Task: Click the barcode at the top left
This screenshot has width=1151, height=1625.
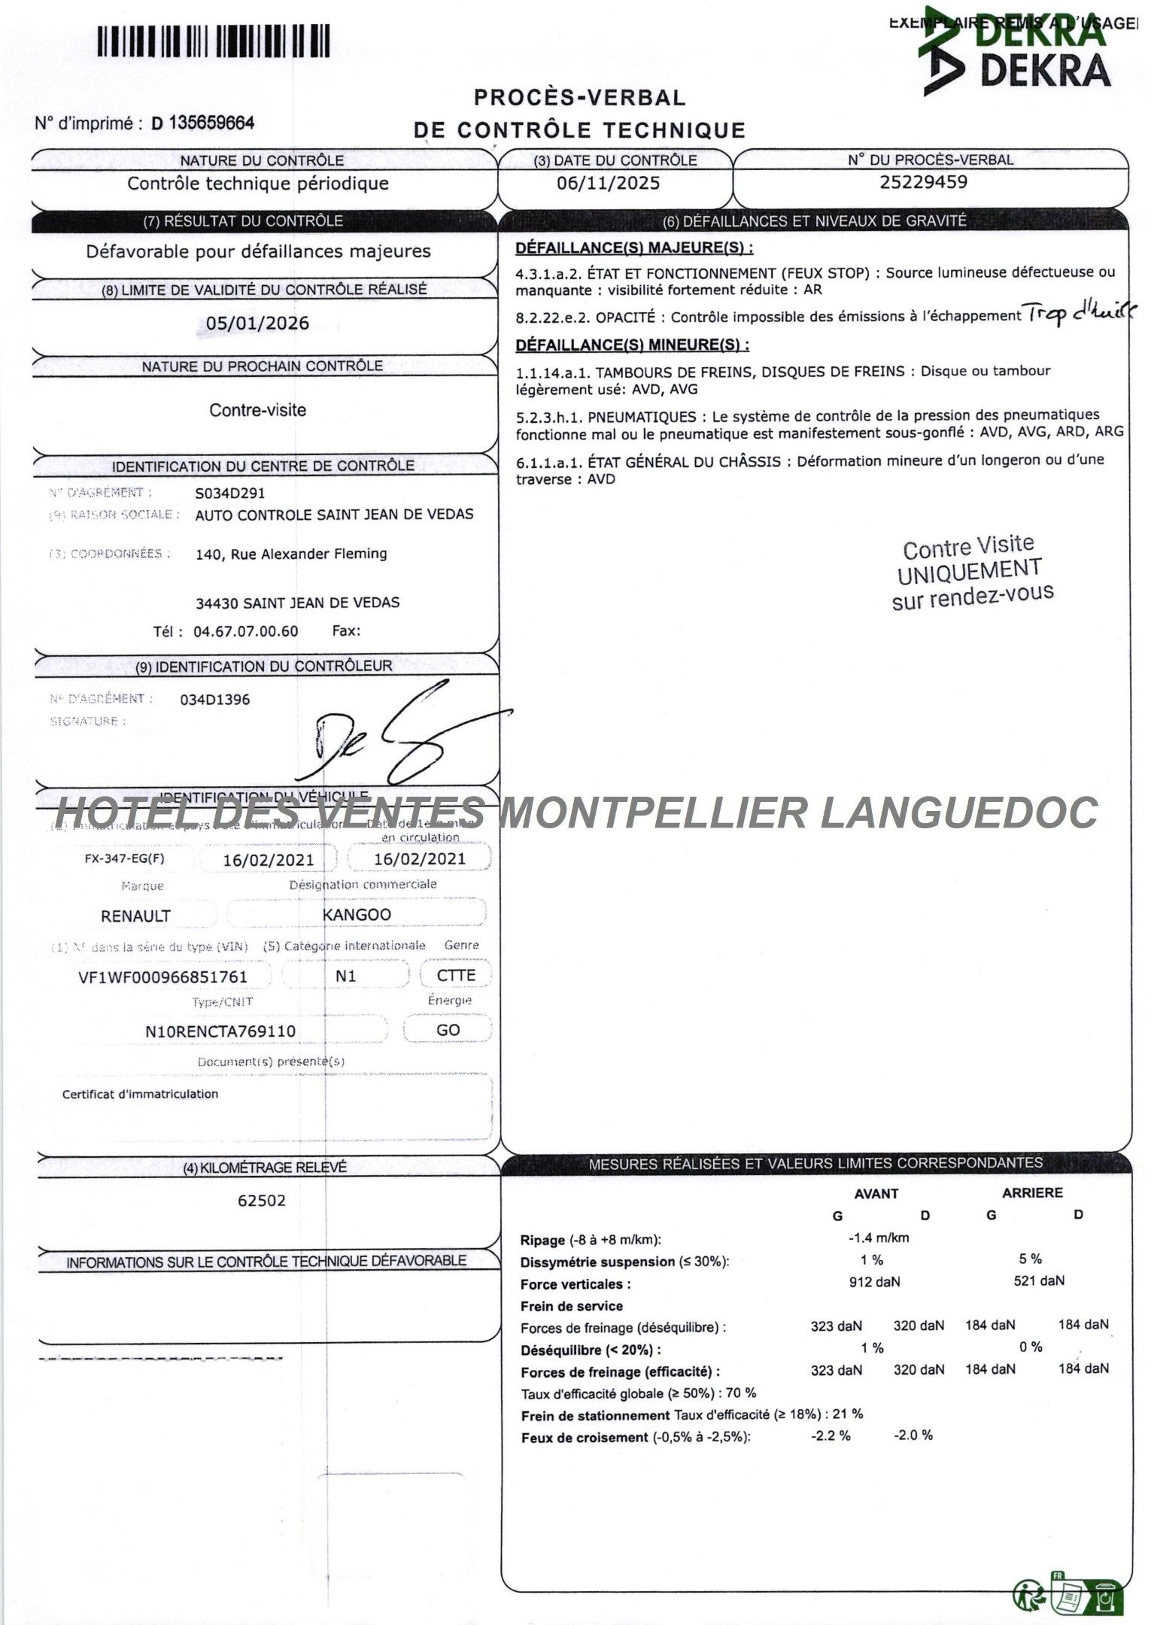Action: pyautogui.click(x=213, y=41)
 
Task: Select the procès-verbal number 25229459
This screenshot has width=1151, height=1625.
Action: pyautogui.click(x=923, y=182)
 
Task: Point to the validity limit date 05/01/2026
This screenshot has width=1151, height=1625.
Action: pyautogui.click(x=257, y=323)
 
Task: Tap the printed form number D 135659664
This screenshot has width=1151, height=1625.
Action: pyautogui.click(x=203, y=123)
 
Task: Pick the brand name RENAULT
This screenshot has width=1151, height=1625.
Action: pyautogui.click(x=135, y=916)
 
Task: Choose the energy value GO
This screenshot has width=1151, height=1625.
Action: pyautogui.click(x=448, y=1029)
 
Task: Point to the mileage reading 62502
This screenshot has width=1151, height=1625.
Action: pyautogui.click(x=262, y=1200)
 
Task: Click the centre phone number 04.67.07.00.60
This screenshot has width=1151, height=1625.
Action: pyautogui.click(x=245, y=630)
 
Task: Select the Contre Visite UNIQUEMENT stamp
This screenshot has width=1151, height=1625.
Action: pyautogui.click(x=971, y=572)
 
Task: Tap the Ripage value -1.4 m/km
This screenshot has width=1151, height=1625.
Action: pyautogui.click(x=878, y=1237)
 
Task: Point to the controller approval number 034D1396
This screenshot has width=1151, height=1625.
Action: pyautogui.click(x=214, y=699)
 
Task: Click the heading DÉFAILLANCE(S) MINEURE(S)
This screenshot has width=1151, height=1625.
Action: pyautogui.click(x=632, y=345)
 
